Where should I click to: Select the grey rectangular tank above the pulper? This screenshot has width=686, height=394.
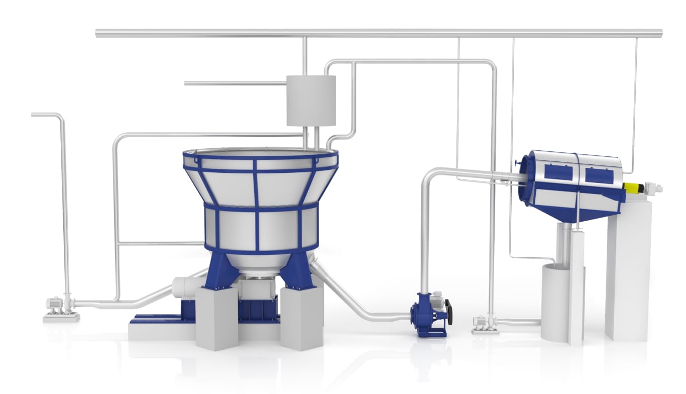pyautogui.click(x=311, y=101)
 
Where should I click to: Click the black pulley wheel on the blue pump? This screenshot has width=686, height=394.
pyautogui.click(x=448, y=312)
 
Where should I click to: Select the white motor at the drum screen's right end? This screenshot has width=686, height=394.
pyautogui.click(x=653, y=188)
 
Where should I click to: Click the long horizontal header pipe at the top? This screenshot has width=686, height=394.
pyautogui.click(x=377, y=33)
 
